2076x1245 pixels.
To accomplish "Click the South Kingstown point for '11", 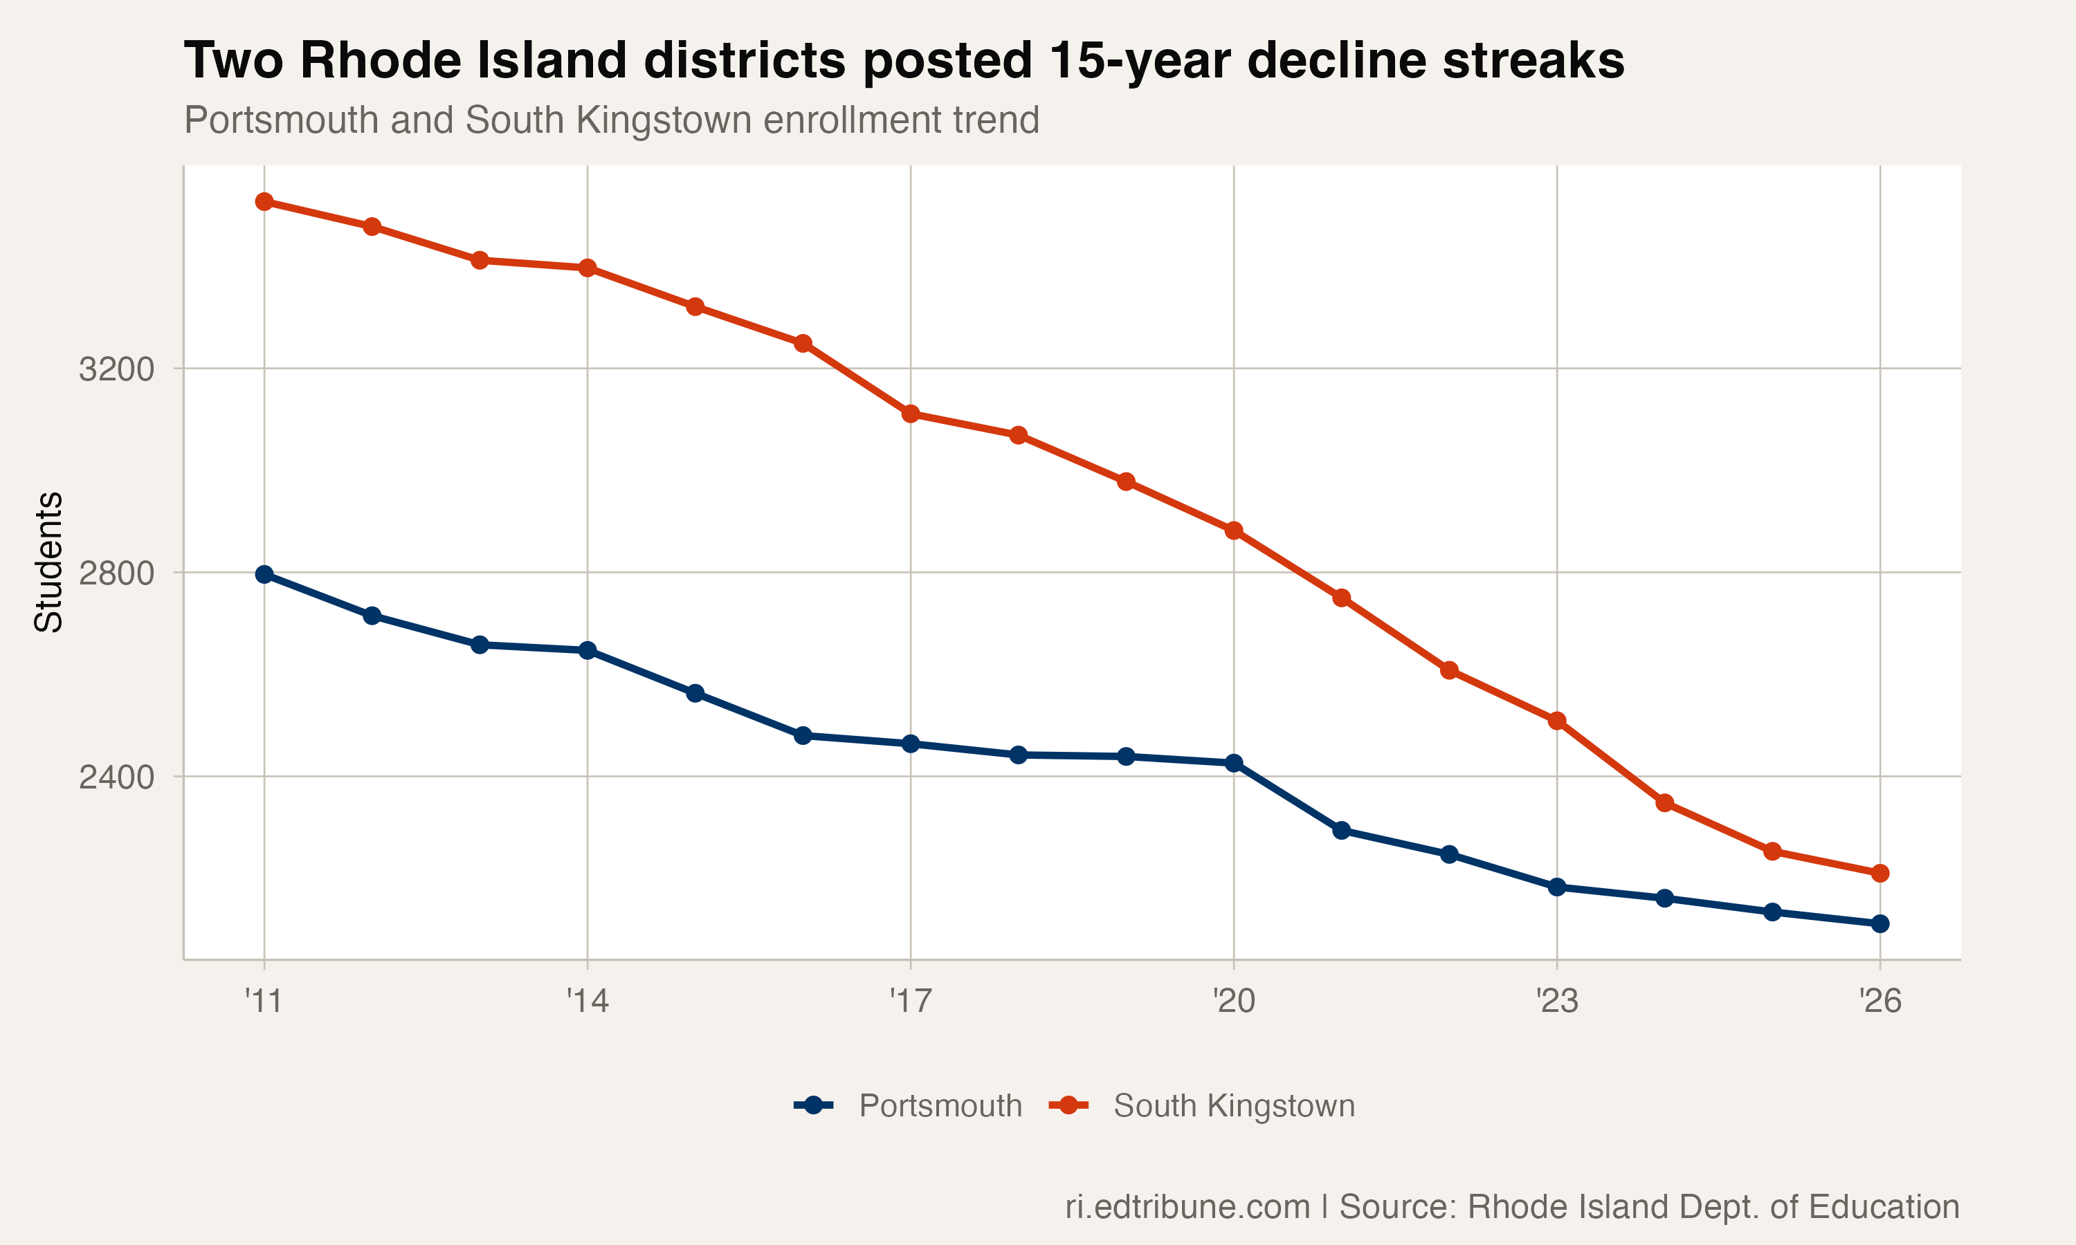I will pos(264,201).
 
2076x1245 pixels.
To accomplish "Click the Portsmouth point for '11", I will pos(264,575).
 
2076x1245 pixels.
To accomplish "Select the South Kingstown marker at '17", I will pos(911,414).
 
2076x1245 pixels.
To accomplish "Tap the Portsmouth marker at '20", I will pos(1234,763).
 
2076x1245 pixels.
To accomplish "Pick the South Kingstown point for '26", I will pos(1879,874).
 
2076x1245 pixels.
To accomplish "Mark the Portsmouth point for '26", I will pos(1879,923).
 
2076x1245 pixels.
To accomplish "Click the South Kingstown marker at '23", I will pos(1556,721).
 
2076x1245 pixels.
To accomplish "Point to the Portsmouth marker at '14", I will pos(588,650).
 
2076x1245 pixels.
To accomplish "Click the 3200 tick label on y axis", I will pos(117,369).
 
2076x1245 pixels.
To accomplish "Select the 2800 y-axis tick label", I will pos(117,574).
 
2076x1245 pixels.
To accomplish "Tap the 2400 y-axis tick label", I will pos(117,777).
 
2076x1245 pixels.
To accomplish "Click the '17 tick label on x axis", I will pos(911,1001).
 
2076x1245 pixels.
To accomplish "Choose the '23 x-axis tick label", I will pos(1556,1001).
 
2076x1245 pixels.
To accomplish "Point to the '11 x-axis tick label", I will pos(264,1001).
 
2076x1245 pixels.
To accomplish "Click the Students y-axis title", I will pos(48,562).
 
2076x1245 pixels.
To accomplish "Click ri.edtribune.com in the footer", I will pos(1187,1206).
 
